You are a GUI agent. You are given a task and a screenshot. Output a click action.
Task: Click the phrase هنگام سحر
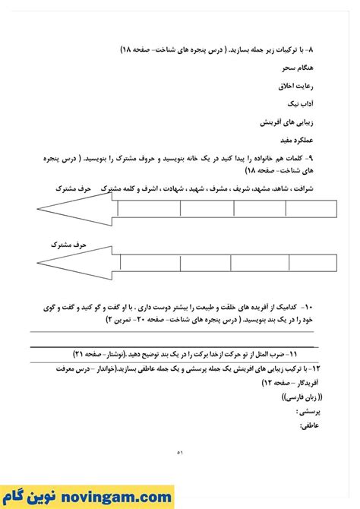tap(299, 67)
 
